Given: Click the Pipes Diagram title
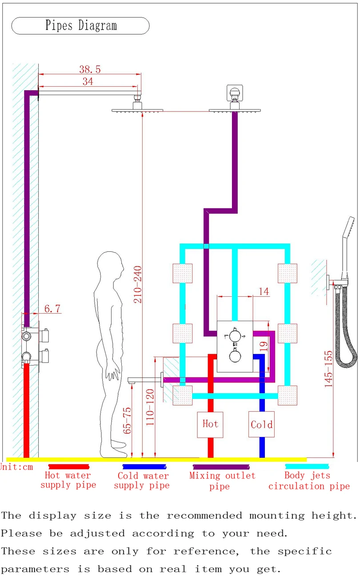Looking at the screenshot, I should point(80,26).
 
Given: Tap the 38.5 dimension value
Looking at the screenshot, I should point(90,69).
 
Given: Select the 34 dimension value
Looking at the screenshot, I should point(88,81).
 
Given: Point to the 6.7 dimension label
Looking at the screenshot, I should point(52,309).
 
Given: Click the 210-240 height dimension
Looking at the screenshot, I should point(138,284).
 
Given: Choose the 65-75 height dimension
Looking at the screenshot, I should point(128,421).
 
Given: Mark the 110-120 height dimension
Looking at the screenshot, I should point(150,407).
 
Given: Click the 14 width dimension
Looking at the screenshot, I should point(264,291).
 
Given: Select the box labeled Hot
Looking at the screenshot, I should point(210,424).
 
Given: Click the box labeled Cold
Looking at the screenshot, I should point(261,425).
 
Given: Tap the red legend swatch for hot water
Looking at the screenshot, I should point(68,467).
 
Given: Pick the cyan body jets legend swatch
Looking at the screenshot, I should point(307,466).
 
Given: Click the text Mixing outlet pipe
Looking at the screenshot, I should point(222,481).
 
